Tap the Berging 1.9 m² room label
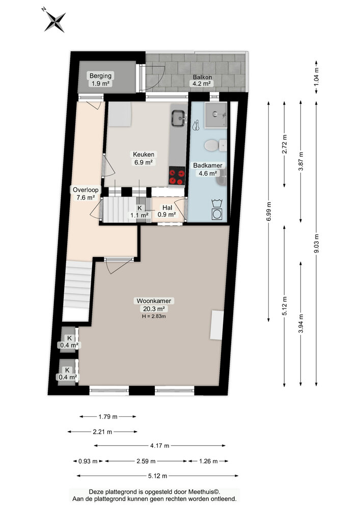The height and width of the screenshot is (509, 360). pyautogui.click(x=100, y=79)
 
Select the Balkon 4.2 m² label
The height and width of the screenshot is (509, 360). pyautogui.click(x=202, y=81)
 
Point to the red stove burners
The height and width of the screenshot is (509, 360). pyautogui.click(x=177, y=176)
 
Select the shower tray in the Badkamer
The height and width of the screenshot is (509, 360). pyautogui.click(x=215, y=115)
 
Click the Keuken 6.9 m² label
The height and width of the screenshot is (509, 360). pyautogui.click(x=144, y=158)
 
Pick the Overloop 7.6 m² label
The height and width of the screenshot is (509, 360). pyautogui.click(x=85, y=193)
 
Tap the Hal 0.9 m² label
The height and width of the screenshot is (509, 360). pyautogui.click(x=167, y=211)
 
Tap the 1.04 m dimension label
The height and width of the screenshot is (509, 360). pyautogui.click(x=317, y=76)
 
